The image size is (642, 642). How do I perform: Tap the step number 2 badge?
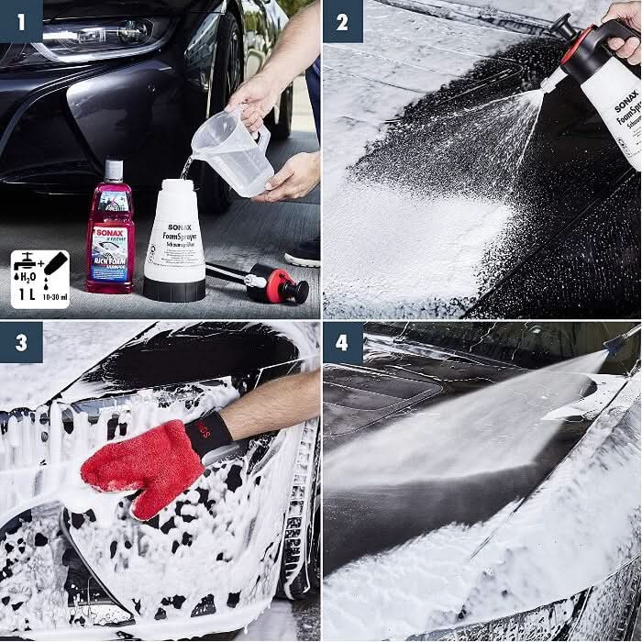pos(342,20)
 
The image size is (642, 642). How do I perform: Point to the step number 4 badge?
pos(342,342)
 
